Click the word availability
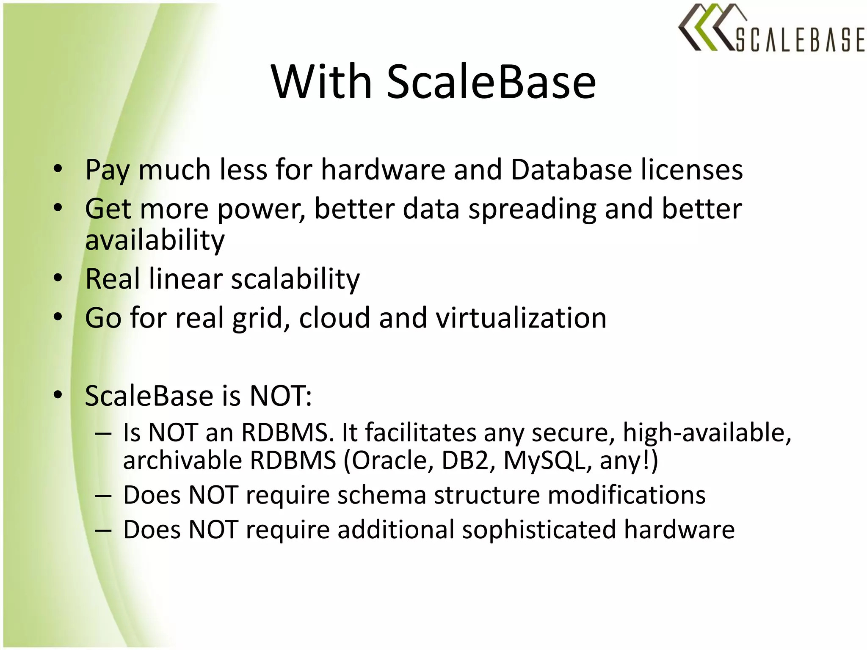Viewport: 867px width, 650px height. coord(155,240)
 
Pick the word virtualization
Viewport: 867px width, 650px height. coord(521,318)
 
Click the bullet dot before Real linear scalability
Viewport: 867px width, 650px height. coord(58,278)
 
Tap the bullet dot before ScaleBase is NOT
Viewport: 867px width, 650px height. coord(58,395)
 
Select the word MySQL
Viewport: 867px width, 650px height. coord(548,460)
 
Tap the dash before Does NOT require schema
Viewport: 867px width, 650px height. coord(103,496)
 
